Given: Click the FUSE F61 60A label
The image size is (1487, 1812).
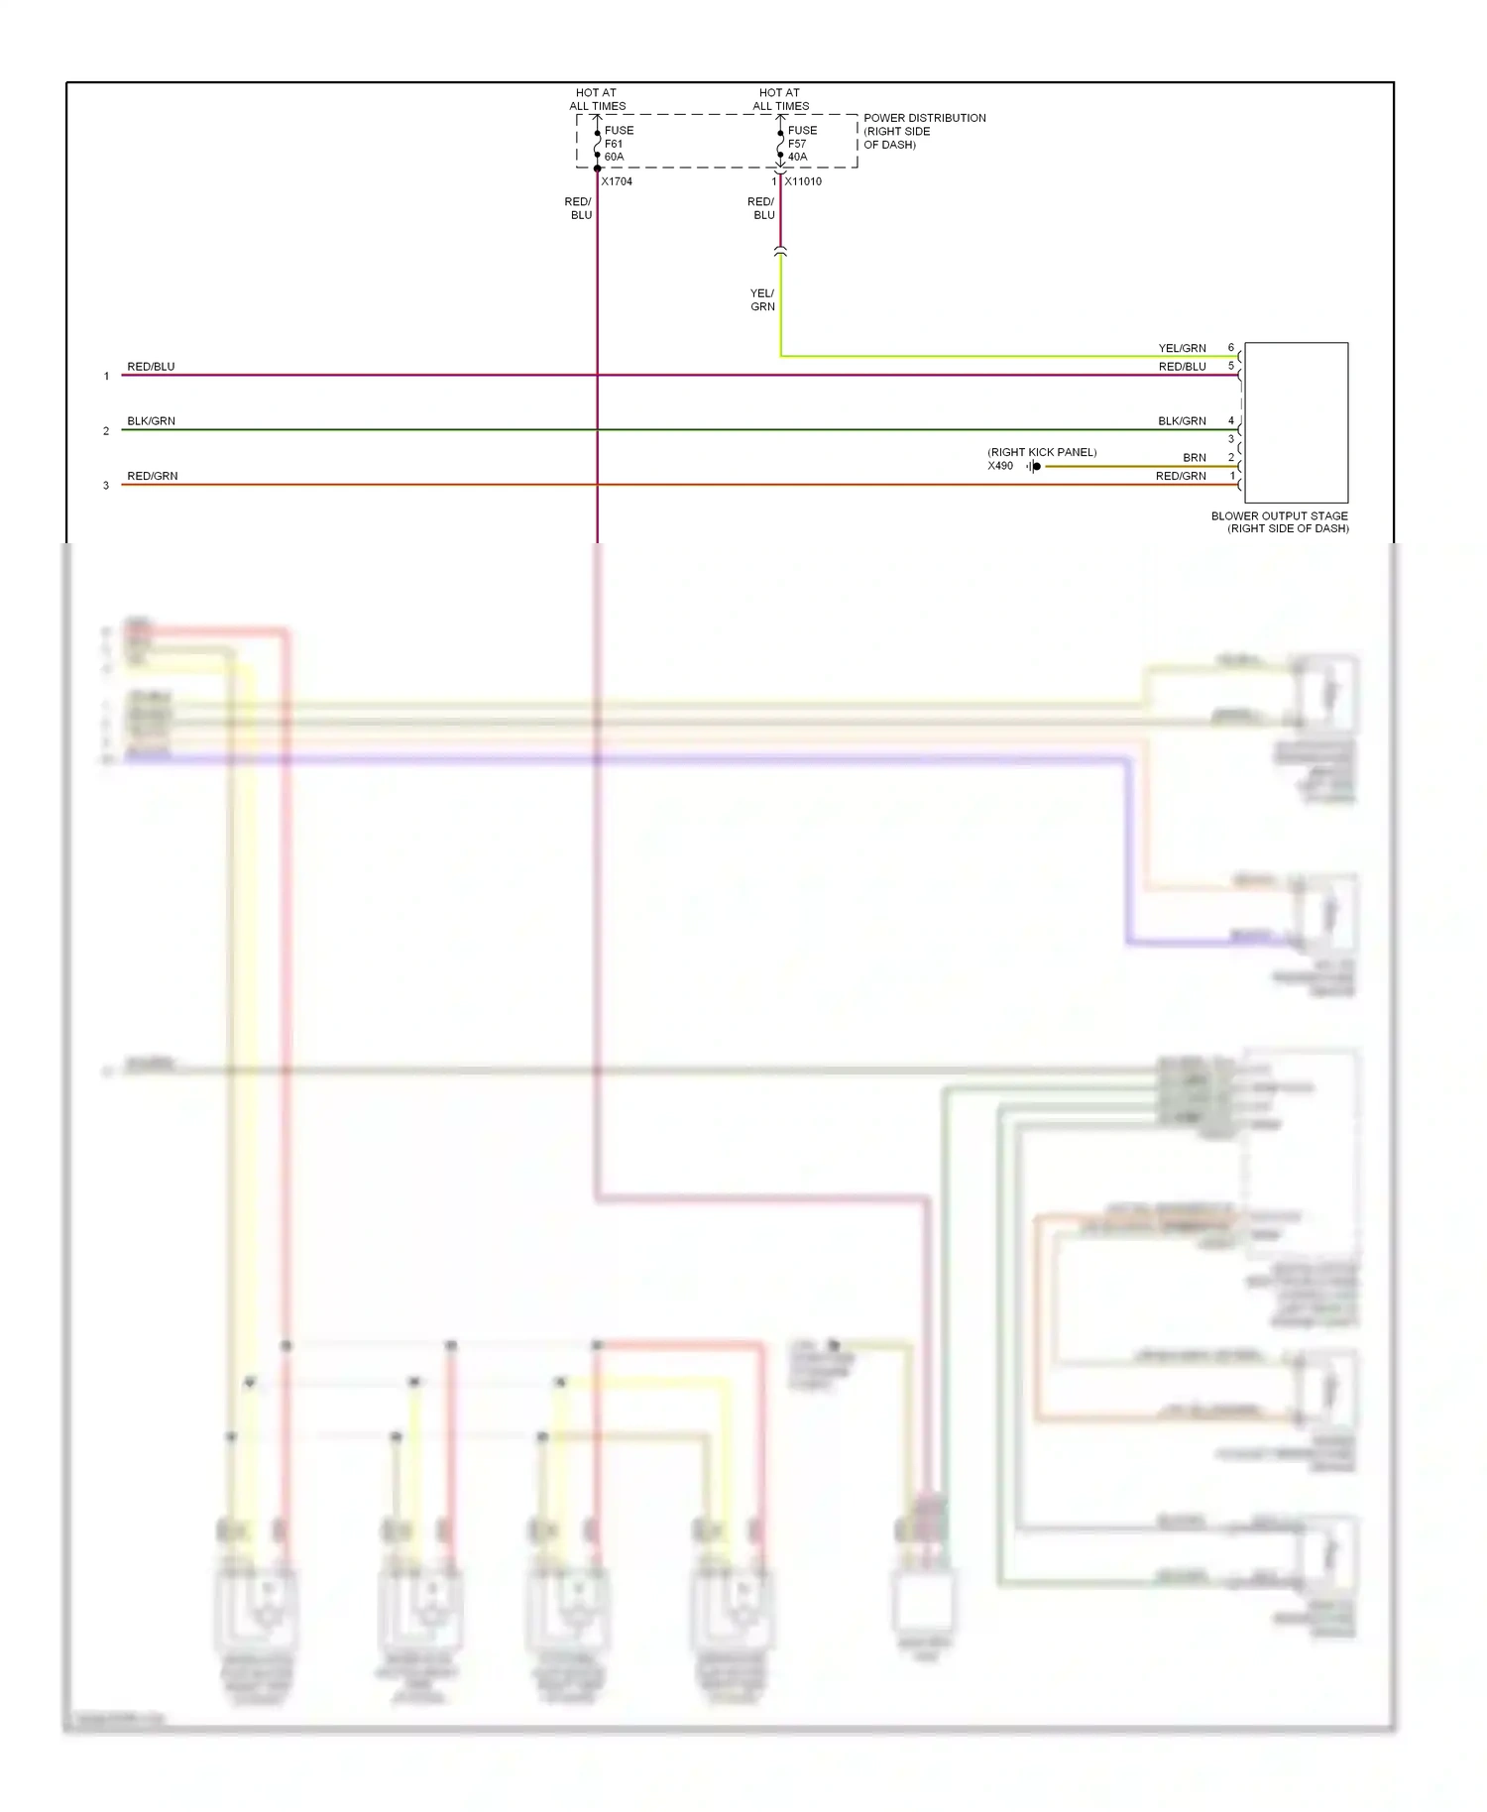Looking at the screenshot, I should pyautogui.click(x=618, y=144).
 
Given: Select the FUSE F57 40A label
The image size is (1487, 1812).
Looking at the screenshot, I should pyautogui.click(x=801, y=144).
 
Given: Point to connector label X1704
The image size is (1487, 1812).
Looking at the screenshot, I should pyautogui.click(x=617, y=181).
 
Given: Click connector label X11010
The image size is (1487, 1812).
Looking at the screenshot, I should pyautogui.click(x=803, y=181).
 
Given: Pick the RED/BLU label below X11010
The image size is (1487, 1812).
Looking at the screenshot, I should pyautogui.click(x=761, y=208).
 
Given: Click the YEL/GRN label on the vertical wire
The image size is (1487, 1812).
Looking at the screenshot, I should pyautogui.click(x=762, y=299).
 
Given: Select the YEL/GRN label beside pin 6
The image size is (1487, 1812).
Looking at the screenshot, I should pyautogui.click(x=1182, y=348).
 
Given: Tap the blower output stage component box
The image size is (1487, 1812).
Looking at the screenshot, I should pyautogui.click(x=1296, y=422).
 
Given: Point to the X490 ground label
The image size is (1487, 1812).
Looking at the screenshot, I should pyautogui.click(x=1000, y=466).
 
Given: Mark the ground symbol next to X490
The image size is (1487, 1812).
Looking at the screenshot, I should pyautogui.click(x=1034, y=466).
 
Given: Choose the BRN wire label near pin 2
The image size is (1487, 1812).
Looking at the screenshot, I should pyautogui.click(x=1194, y=458).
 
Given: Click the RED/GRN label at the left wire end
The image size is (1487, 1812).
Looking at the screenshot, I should pyautogui.click(x=153, y=476).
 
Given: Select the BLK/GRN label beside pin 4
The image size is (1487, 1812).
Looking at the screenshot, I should pyautogui.click(x=1182, y=421).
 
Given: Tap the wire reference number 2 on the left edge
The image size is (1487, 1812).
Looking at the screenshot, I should pyautogui.click(x=106, y=431).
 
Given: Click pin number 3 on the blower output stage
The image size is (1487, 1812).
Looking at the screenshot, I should pyautogui.click(x=1231, y=439).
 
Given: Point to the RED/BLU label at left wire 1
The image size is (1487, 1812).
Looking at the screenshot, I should pyautogui.click(x=151, y=367).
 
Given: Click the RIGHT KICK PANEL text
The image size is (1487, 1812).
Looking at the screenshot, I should pyautogui.click(x=1042, y=452).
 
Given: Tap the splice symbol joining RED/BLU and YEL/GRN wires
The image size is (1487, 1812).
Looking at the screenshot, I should pyautogui.click(x=780, y=252).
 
